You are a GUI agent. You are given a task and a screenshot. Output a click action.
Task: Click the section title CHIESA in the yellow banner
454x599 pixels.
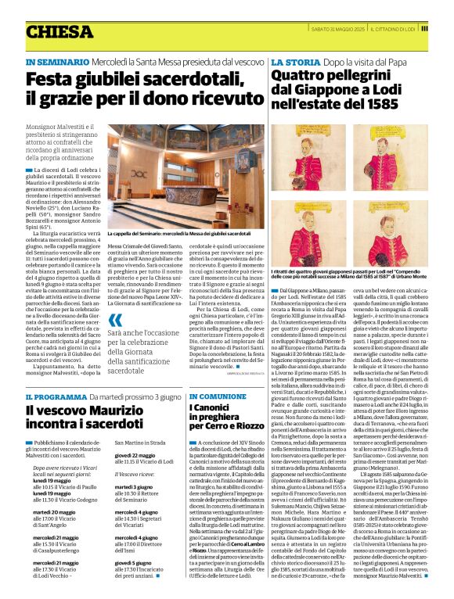[59, 31]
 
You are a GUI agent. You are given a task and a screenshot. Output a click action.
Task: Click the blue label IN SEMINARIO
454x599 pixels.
[52, 62]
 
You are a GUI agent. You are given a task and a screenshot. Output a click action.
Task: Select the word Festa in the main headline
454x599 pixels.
[52, 79]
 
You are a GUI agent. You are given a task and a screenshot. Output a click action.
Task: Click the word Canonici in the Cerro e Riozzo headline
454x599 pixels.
[212, 409]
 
